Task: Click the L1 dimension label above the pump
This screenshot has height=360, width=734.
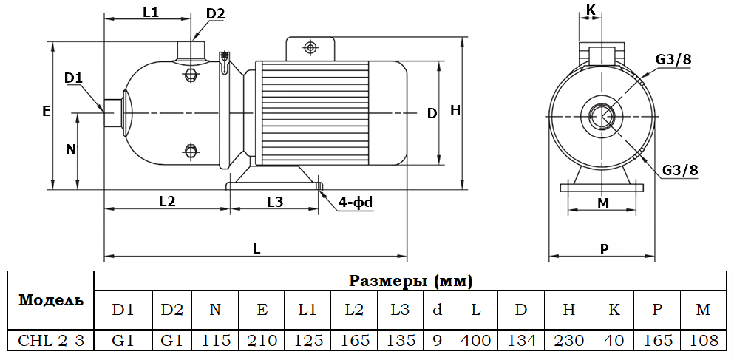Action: (151, 12)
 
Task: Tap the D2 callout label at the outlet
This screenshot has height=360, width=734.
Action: (215, 13)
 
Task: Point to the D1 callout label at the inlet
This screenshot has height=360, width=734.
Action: (73, 78)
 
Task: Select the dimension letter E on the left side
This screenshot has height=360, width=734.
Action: (46, 112)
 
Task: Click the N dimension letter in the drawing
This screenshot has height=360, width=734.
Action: (71, 149)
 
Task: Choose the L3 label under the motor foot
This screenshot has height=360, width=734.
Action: (274, 201)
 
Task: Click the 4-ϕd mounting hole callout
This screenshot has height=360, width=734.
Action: (356, 202)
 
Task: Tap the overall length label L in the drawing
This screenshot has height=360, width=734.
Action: (256, 249)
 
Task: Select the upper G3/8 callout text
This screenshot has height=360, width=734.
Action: (673, 60)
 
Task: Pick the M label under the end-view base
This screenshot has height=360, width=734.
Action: (603, 203)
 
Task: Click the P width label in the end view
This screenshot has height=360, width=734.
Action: (604, 249)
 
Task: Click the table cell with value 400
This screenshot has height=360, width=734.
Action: (475, 340)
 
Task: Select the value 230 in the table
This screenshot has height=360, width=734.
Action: (568, 340)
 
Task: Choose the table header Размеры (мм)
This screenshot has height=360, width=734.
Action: (410, 281)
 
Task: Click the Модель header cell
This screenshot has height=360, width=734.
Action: (51, 299)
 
